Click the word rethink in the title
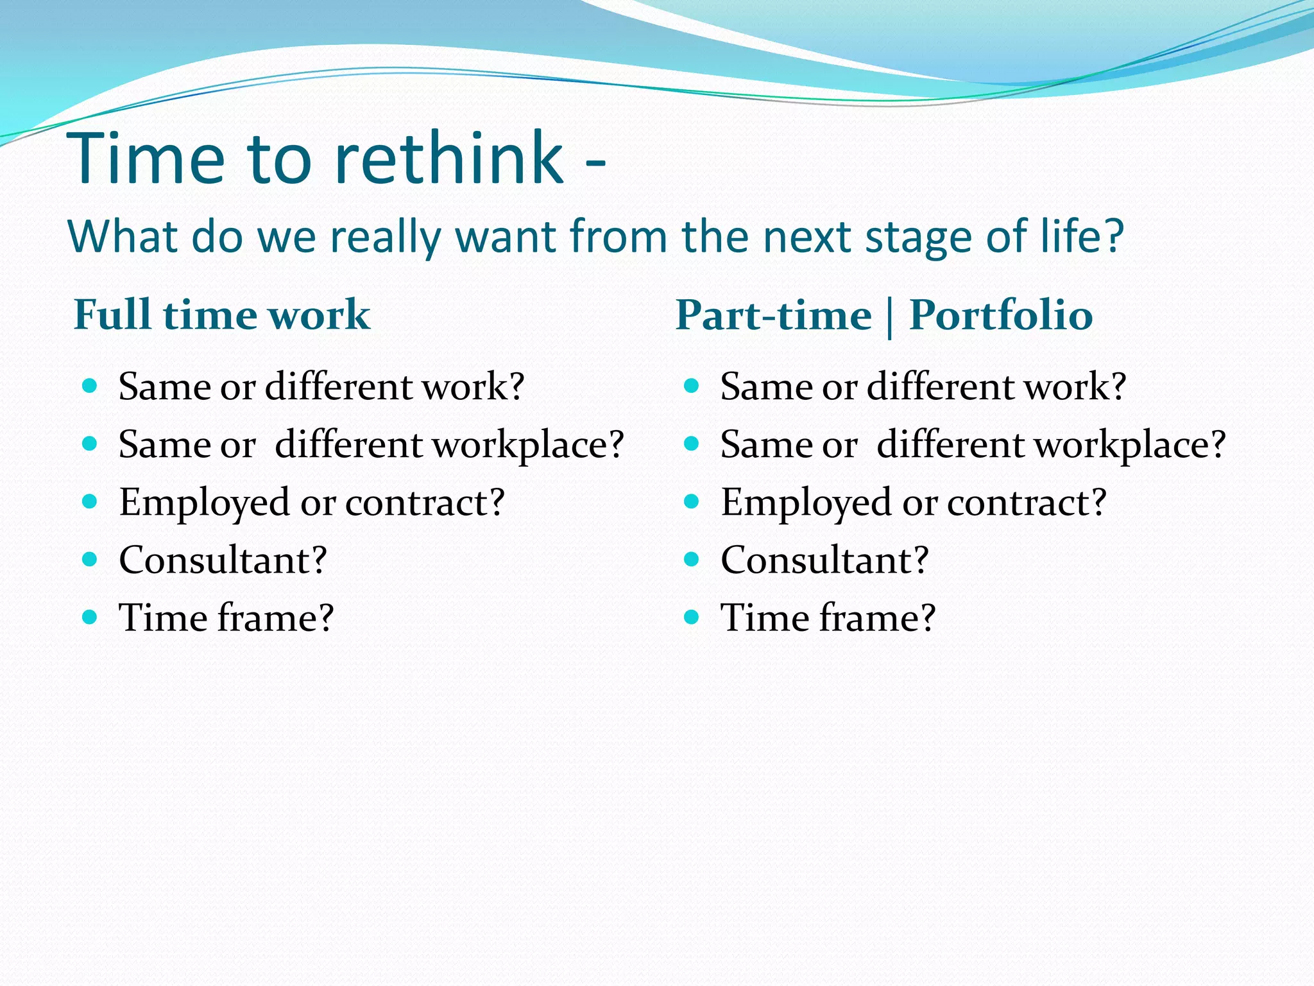pyautogui.click(x=448, y=158)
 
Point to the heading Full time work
pyautogui.click(x=222, y=315)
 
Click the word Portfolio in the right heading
pyautogui.click(x=1001, y=315)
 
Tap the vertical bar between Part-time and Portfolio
pyautogui.click(x=890, y=318)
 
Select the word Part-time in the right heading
pyautogui.click(x=773, y=315)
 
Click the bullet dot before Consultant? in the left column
pyautogui.click(x=90, y=559)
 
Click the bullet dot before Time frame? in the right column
pyautogui.click(x=691, y=617)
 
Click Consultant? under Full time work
pyautogui.click(x=223, y=560)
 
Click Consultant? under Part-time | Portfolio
pyautogui.click(x=824, y=560)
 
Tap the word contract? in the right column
pyautogui.click(x=1027, y=502)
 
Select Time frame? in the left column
pyautogui.click(x=226, y=618)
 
